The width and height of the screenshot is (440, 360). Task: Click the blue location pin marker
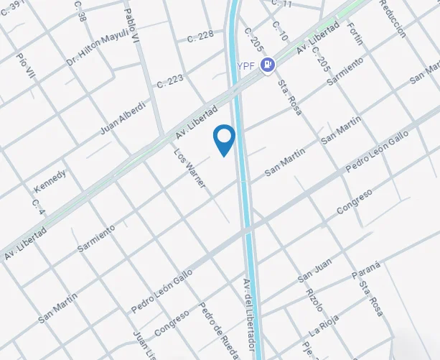click(x=225, y=139)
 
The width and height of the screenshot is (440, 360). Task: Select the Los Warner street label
click(x=190, y=169)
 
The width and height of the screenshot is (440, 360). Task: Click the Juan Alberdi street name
click(x=123, y=119)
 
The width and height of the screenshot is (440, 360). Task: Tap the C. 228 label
click(x=200, y=35)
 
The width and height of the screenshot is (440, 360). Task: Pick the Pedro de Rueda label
click(x=219, y=329)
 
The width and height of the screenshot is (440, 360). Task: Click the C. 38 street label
click(x=80, y=12)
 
